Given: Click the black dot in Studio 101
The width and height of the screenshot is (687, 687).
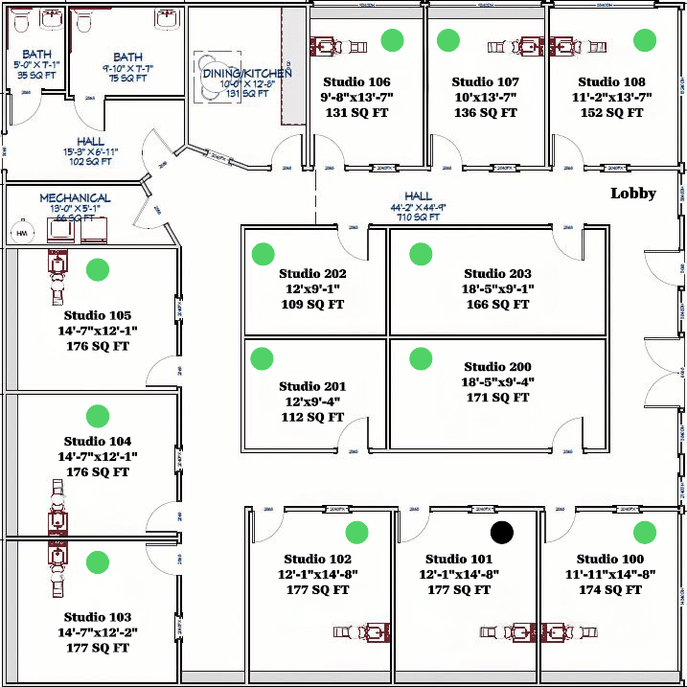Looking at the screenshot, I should point(502,532).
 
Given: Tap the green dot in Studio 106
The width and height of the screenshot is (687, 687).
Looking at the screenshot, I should point(391,40).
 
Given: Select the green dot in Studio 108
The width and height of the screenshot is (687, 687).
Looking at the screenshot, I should point(645,40).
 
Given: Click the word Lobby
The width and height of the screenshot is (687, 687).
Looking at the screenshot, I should point(633,194).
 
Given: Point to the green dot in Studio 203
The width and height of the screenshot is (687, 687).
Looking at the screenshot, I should point(420,254).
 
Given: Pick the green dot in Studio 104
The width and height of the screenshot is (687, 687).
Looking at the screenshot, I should point(97,416).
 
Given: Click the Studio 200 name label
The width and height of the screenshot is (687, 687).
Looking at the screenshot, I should point(497,367).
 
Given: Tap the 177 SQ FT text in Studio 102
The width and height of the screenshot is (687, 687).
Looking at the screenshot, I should point(318,590).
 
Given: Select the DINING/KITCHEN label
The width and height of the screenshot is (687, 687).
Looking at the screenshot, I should point(246,73).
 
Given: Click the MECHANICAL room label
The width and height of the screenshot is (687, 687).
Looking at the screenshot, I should point(75,198).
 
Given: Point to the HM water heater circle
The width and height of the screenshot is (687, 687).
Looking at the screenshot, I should point(21,233).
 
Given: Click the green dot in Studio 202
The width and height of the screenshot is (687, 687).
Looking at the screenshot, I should point(263,254).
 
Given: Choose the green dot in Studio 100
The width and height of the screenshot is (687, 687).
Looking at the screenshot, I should point(643,532).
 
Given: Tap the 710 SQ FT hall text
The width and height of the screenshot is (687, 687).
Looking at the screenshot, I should point(418,218).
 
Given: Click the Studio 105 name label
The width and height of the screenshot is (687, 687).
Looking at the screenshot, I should point(98,315).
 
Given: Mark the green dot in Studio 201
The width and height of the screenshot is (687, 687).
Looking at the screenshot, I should point(263,358).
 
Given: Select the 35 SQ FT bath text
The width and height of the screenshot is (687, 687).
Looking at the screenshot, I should point(36,77).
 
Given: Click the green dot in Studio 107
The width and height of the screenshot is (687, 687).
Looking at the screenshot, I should point(447,40).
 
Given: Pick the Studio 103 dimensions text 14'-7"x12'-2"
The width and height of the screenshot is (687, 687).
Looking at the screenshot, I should point(97,632).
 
